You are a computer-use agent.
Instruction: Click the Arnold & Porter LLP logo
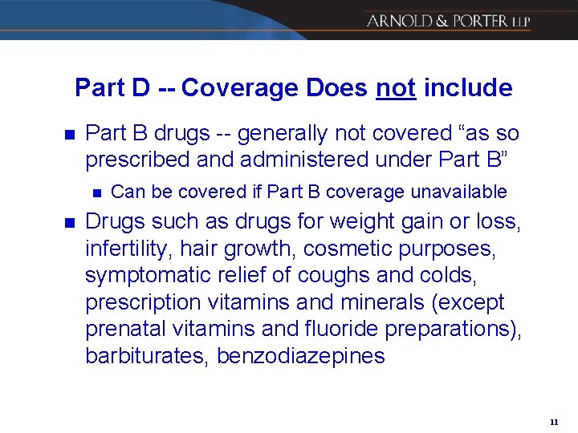448,21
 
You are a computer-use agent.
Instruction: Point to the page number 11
554,421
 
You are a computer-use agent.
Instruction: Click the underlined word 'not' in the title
395,87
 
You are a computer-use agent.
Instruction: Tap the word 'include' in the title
467,87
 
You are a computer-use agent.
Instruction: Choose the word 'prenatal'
125,329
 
